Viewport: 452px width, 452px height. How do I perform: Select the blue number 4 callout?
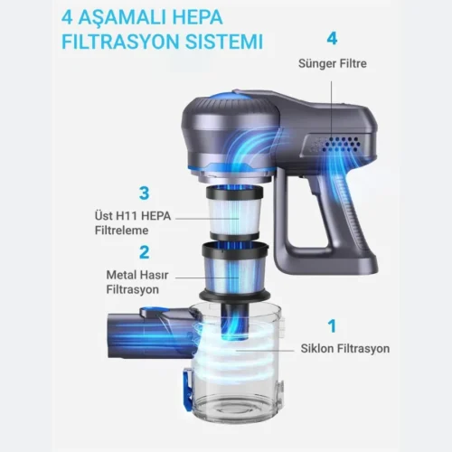[x=332, y=39]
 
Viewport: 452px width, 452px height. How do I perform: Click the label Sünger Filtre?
[x=333, y=63]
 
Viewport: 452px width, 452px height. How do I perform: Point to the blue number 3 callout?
[x=145, y=193]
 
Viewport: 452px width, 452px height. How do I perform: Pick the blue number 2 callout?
[x=145, y=252]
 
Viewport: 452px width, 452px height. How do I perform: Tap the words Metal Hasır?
[x=137, y=275]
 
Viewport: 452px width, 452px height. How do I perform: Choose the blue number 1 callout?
[x=332, y=325]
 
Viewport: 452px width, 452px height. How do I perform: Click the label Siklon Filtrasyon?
[x=345, y=349]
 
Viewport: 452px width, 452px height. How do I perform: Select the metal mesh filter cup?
[x=235, y=269]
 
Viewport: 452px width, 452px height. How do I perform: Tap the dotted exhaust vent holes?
[x=336, y=145]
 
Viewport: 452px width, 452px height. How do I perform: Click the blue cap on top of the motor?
[x=229, y=96]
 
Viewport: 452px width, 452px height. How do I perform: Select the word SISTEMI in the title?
[x=224, y=42]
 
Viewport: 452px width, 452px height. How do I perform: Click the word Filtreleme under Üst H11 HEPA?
[x=121, y=231]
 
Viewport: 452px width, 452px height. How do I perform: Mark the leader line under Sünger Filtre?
[x=332, y=111]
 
